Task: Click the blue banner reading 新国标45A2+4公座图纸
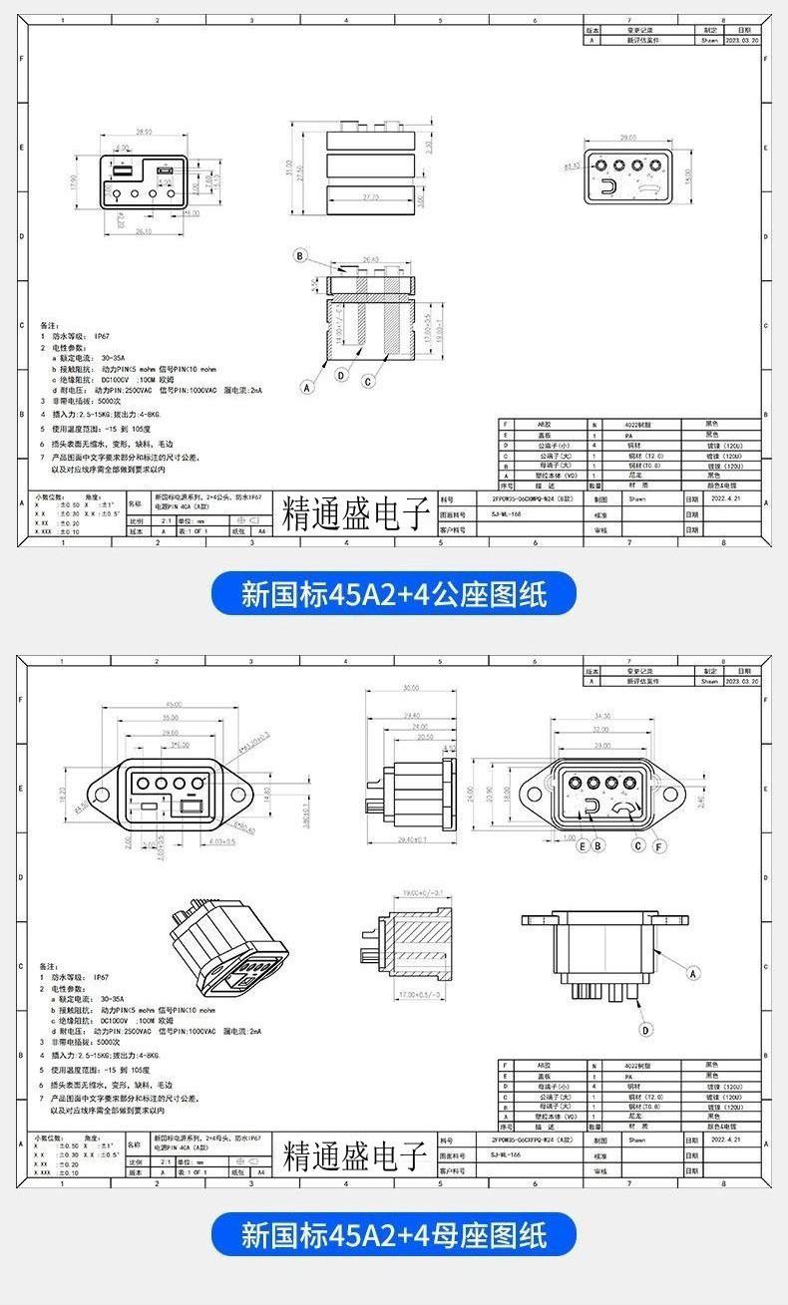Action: [393, 595]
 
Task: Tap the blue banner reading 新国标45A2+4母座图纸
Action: [393, 1235]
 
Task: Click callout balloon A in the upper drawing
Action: [306, 387]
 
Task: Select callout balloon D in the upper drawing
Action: [340, 376]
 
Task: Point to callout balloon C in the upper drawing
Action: [367, 381]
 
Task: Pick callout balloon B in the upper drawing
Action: [298, 256]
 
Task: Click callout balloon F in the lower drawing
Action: [659, 845]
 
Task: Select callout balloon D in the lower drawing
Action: [646, 1030]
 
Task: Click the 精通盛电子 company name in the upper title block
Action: [355, 513]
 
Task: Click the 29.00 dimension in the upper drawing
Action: [627, 138]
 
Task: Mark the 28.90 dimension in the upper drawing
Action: [144, 132]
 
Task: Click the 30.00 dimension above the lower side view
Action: [410, 689]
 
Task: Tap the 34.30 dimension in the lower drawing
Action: [600, 716]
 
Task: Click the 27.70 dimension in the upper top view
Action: [370, 197]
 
